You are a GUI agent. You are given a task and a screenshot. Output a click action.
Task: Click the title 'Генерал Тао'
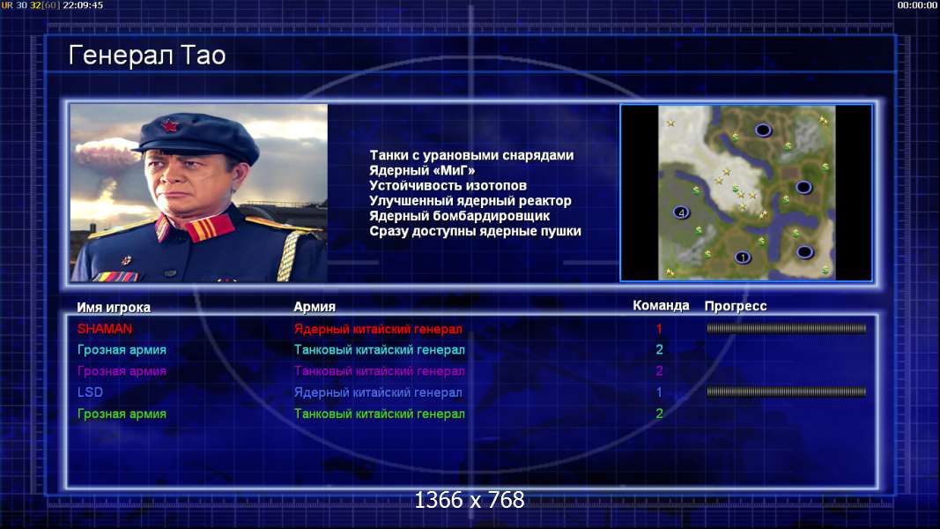point(147,56)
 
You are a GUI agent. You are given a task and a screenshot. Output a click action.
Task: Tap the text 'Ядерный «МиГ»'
point(422,171)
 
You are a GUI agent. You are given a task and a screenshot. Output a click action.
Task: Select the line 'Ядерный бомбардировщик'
point(459,216)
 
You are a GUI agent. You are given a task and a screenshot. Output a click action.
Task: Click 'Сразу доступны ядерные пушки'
point(475,231)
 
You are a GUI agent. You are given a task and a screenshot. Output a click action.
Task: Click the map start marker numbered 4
point(681,212)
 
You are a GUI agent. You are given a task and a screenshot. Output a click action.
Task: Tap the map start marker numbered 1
point(743,257)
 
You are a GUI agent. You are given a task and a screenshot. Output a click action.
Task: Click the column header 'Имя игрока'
point(114,307)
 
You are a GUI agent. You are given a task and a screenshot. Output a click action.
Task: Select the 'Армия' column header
point(315,307)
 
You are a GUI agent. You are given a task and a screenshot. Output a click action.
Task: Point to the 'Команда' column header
point(661,305)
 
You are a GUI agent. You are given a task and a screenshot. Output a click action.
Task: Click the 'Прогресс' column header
point(735,306)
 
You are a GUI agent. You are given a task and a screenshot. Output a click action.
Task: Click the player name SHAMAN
point(104,329)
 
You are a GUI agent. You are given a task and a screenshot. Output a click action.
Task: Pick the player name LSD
point(90,392)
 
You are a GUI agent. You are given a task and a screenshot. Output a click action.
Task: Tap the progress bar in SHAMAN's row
point(786,329)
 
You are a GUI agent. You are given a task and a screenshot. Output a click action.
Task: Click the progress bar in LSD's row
point(786,392)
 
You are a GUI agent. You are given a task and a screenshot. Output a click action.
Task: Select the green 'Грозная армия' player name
point(122,414)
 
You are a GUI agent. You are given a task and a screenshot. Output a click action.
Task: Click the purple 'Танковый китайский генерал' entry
point(379,371)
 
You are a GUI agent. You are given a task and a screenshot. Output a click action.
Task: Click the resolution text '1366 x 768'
point(470,500)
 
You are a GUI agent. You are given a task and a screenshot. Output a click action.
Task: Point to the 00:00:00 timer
point(916,5)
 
